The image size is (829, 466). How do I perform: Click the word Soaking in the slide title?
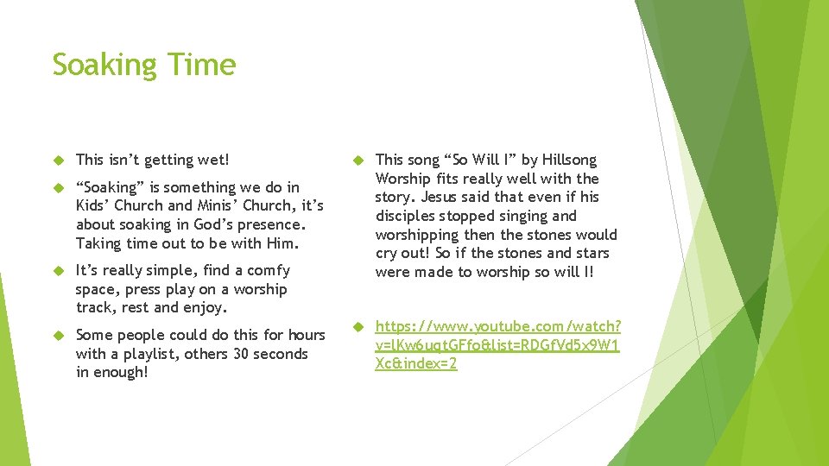pos(103,66)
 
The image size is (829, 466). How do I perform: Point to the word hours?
pos(307,335)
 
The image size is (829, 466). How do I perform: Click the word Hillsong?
pos(569,160)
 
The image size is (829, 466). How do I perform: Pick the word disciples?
pos(407,216)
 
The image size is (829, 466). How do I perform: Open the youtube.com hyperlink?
pos(497,345)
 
